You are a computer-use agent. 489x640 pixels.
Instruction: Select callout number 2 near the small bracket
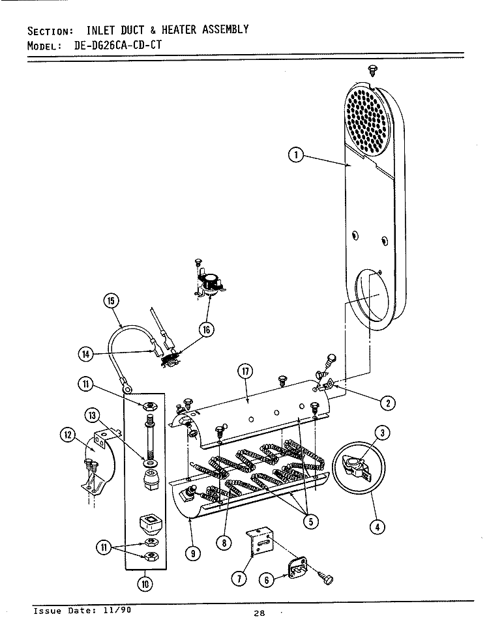[387, 403]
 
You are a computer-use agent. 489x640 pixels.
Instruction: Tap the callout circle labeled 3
[383, 431]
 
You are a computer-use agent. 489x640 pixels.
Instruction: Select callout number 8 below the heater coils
[224, 542]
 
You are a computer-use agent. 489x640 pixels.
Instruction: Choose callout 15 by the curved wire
[111, 300]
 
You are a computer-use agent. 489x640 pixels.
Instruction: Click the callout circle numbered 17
[246, 372]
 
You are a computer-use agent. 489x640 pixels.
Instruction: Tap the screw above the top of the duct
[372, 68]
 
